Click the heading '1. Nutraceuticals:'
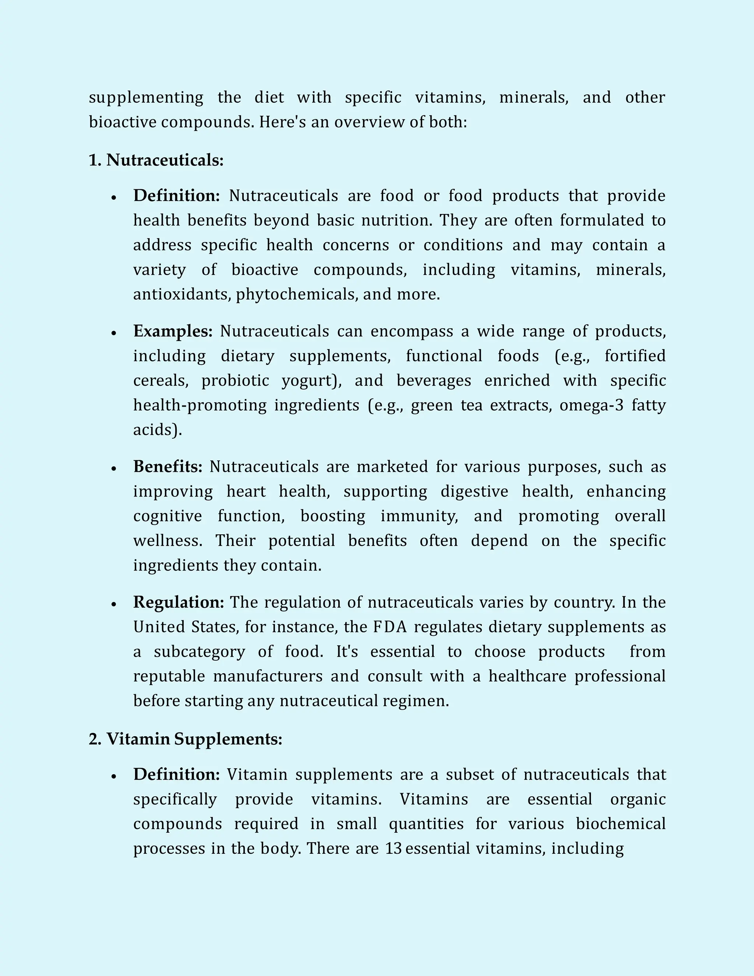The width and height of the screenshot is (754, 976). click(156, 160)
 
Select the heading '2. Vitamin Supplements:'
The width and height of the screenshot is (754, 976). click(186, 739)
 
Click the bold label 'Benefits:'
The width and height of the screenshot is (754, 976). click(168, 467)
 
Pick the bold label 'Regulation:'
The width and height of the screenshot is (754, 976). click(179, 603)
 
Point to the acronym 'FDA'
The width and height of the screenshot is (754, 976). click(390, 627)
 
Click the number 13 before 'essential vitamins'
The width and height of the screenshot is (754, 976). click(394, 848)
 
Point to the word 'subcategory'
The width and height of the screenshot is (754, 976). click(199, 652)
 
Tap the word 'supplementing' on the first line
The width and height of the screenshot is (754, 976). click(146, 98)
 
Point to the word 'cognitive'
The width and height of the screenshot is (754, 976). click(168, 516)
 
